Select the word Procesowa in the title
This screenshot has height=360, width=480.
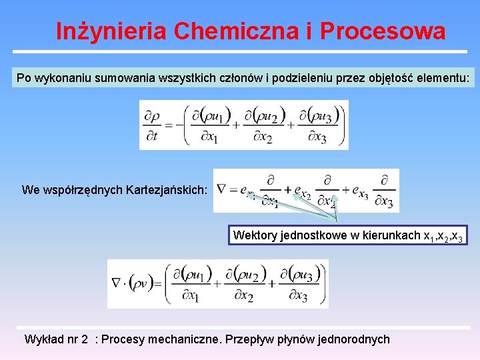click(x=383, y=31)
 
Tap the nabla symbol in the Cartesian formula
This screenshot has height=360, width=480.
click(x=223, y=189)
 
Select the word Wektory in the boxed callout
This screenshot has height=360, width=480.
click(x=254, y=235)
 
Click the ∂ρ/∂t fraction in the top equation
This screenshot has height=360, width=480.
click(x=152, y=125)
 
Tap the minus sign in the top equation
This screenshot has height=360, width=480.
click(x=169, y=125)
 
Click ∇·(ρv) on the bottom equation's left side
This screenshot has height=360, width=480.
click(x=131, y=284)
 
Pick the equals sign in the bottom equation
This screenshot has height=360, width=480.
click(x=158, y=285)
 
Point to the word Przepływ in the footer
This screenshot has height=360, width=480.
click(x=251, y=339)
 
